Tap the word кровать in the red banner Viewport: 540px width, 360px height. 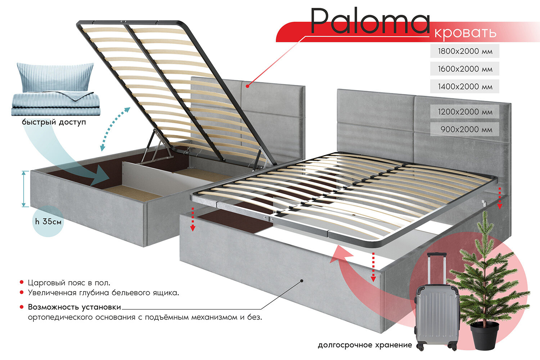tap(465, 32)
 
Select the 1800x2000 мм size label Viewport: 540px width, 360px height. tap(465, 51)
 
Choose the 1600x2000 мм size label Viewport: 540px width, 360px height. tap(465, 69)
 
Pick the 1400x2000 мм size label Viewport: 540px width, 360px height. tap(465, 86)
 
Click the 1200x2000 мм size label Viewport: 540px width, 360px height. tap(465, 112)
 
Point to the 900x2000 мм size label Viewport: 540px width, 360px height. tap(466, 129)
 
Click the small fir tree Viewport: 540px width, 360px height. tap(486, 274)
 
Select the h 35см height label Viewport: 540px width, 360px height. tap(48, 221)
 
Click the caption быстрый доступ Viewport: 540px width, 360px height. tap(54, 122)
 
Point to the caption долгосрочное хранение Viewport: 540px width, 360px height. tap(365, 345)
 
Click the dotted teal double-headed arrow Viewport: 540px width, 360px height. tap(115, 129)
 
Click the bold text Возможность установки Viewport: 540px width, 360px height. tap(75, 307)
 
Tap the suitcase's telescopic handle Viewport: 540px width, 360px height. tap(436, 268)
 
